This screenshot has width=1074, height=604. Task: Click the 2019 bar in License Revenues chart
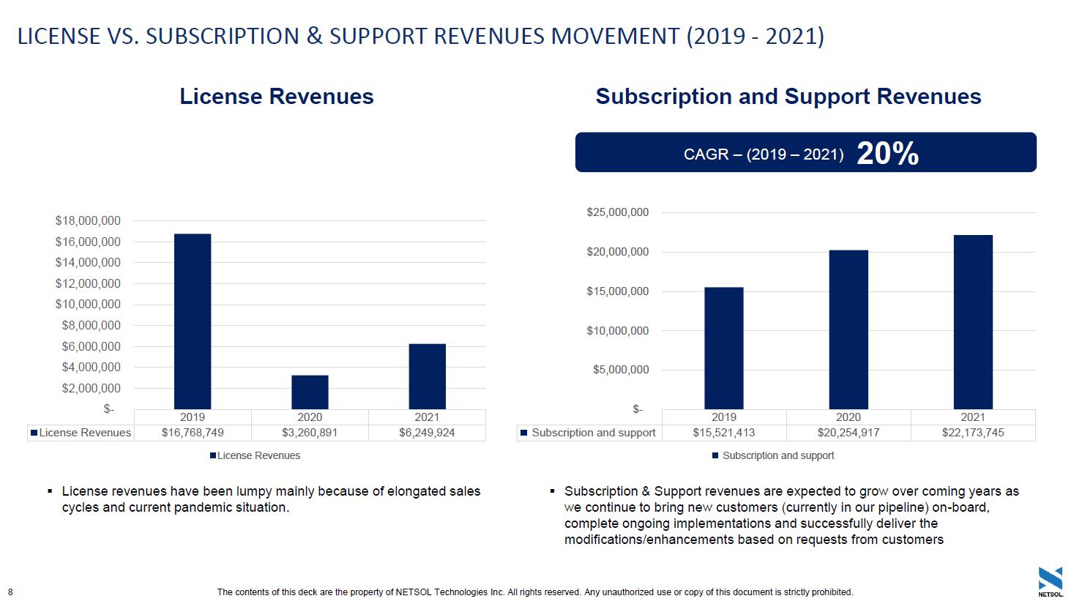(193, 321)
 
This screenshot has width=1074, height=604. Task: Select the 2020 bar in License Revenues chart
(310, 392)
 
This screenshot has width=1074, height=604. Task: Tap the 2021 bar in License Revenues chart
(427, 376)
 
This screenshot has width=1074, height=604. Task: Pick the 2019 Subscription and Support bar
(723, 348)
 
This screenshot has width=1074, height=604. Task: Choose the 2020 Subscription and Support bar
(849, 329)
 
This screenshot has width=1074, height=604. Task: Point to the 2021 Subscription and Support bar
(973, 322)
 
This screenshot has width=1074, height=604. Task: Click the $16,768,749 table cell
(193, 433)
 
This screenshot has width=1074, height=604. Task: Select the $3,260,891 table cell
(310, 433)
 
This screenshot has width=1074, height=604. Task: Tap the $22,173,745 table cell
(973, 433)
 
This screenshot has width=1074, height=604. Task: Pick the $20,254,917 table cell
(849, 433)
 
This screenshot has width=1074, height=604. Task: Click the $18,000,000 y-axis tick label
(88, 220)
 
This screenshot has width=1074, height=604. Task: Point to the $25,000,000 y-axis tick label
(617, 212)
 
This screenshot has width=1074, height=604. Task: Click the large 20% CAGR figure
(887, 153)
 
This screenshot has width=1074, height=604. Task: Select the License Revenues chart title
(277, 97)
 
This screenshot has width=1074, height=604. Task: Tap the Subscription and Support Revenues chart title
(788, 97)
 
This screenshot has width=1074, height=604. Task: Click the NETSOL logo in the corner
(1050, 581)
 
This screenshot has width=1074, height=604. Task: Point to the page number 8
(10, 592)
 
